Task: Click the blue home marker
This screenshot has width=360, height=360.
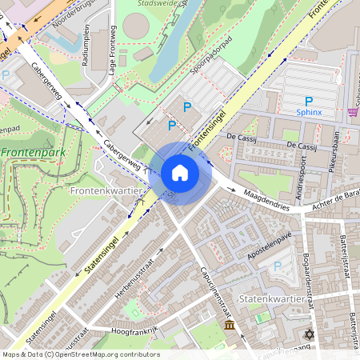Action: (180, 173)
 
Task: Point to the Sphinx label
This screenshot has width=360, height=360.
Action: (308, 113)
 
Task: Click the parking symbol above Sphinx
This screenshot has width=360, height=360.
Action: (308, 101)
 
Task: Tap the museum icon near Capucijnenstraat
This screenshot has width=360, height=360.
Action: (230, 327)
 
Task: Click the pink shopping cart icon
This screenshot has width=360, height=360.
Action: (353, 112)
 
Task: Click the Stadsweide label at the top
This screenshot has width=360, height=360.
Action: (155, 4)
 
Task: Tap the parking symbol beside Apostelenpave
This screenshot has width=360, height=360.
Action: (278, 266)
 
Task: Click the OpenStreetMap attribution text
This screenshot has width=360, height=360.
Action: (80, 354)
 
